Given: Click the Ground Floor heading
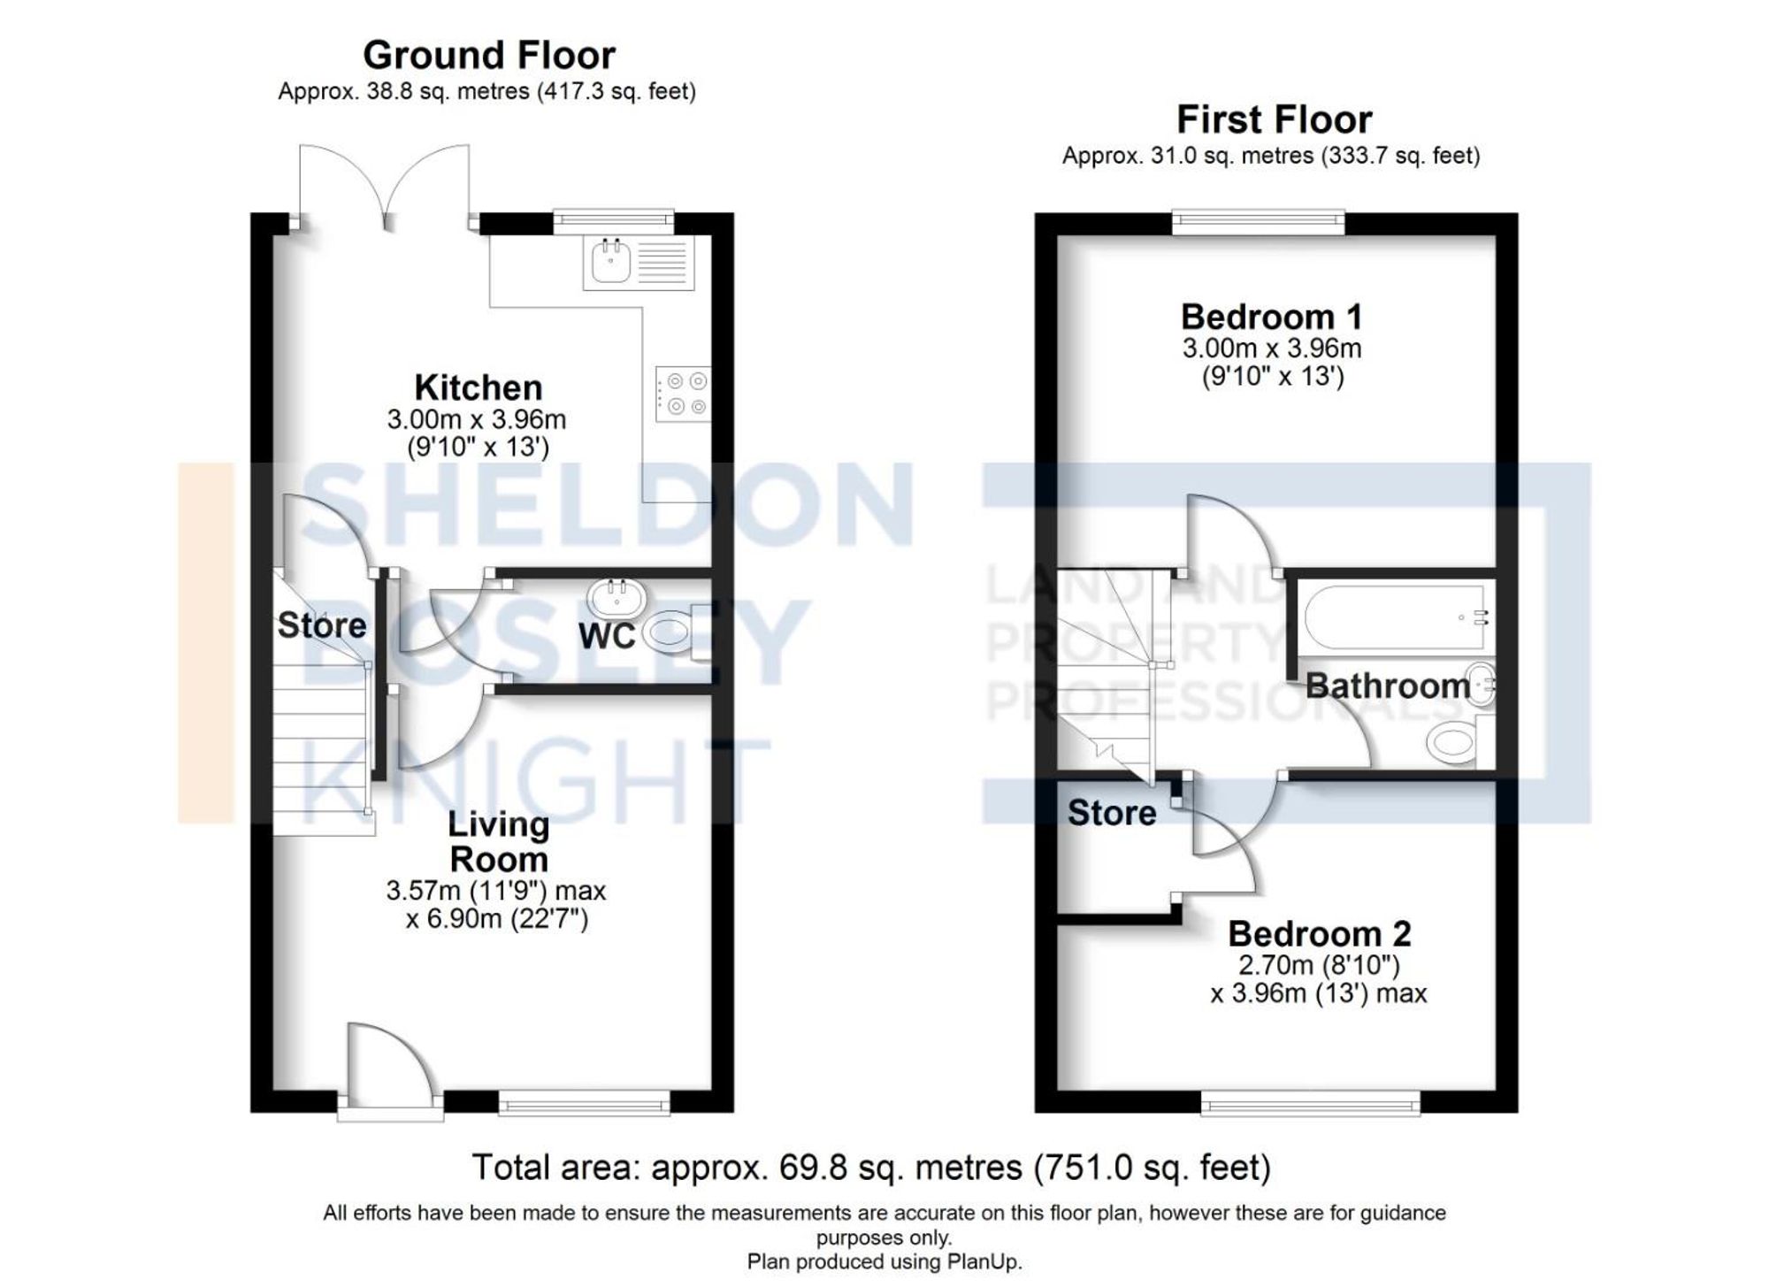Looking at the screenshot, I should (x=488, y=56).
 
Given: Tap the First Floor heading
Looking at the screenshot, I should (x=1274, y=119).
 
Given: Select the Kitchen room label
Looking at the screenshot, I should (x=478, y=388).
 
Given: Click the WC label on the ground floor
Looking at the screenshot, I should (x=607, y=636).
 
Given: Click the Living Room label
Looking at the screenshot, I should (x=498, y=841).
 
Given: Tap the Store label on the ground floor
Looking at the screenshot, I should (x=321, y=625).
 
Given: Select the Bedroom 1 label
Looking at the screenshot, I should (x=1271, y=317).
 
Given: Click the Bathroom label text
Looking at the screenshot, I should (x=1386, y=686).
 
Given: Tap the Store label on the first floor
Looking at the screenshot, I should (x=1111, y=813).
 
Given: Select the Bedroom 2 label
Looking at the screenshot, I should (x=1319, y=934).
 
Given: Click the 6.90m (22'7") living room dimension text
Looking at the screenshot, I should (x=497, y=920).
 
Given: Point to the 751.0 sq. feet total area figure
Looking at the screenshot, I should (x=1153, y=1168).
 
